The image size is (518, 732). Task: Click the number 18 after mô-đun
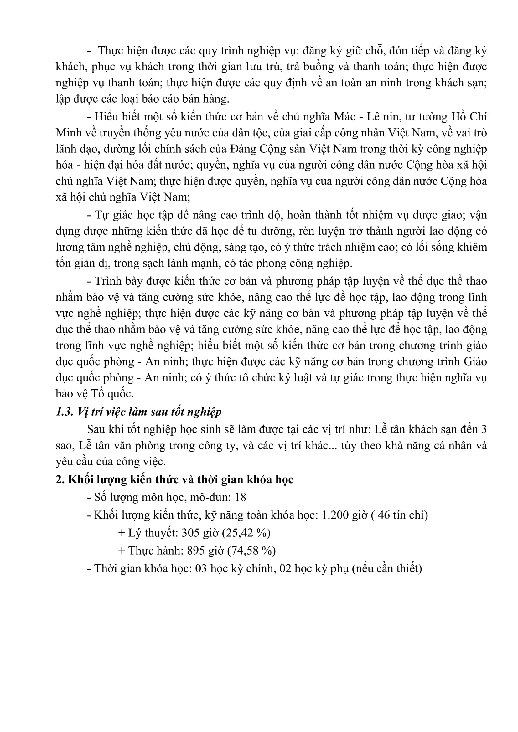pyautogui.click(x=240, y=497)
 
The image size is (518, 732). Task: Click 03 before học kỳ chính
pyautogui.click(x=201, y=568)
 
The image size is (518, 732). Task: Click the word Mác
pyautogui.click(x=344, y=117)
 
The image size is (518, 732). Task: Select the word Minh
pyautogui.click(x=69, y=133)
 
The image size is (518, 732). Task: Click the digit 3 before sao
pyautogui.click(x=484, y=429)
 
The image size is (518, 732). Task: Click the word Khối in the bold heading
pyautogui.click(x=80, y=479)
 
